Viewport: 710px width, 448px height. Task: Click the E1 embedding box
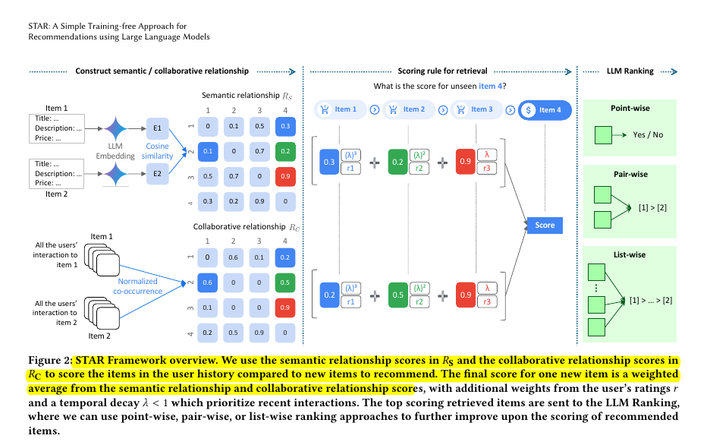[158, 129]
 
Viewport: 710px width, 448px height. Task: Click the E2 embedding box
[158, 173]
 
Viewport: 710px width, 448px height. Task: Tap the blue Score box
[545, 225]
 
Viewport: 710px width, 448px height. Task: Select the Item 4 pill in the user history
[545, 109]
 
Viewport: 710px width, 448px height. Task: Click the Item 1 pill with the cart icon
[339, 109]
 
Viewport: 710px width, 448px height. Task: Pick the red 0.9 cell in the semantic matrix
[284, 176]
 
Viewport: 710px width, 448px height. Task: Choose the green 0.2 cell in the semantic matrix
[284, 151]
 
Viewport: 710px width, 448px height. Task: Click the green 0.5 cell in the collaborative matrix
[284, 282]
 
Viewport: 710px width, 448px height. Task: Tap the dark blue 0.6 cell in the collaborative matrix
[206, 282]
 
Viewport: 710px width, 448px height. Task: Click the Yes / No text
[648, 134]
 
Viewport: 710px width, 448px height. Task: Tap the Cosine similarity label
[158, 151]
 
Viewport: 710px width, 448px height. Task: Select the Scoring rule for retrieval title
[442, 71]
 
